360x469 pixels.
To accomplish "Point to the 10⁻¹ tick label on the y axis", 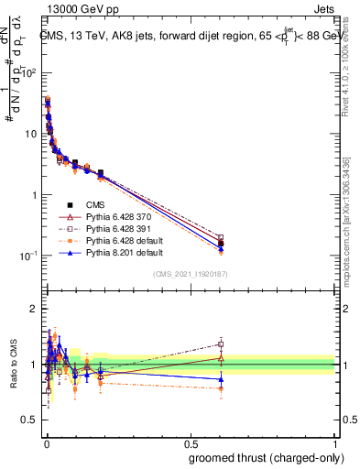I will click(x=27, y=256).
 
